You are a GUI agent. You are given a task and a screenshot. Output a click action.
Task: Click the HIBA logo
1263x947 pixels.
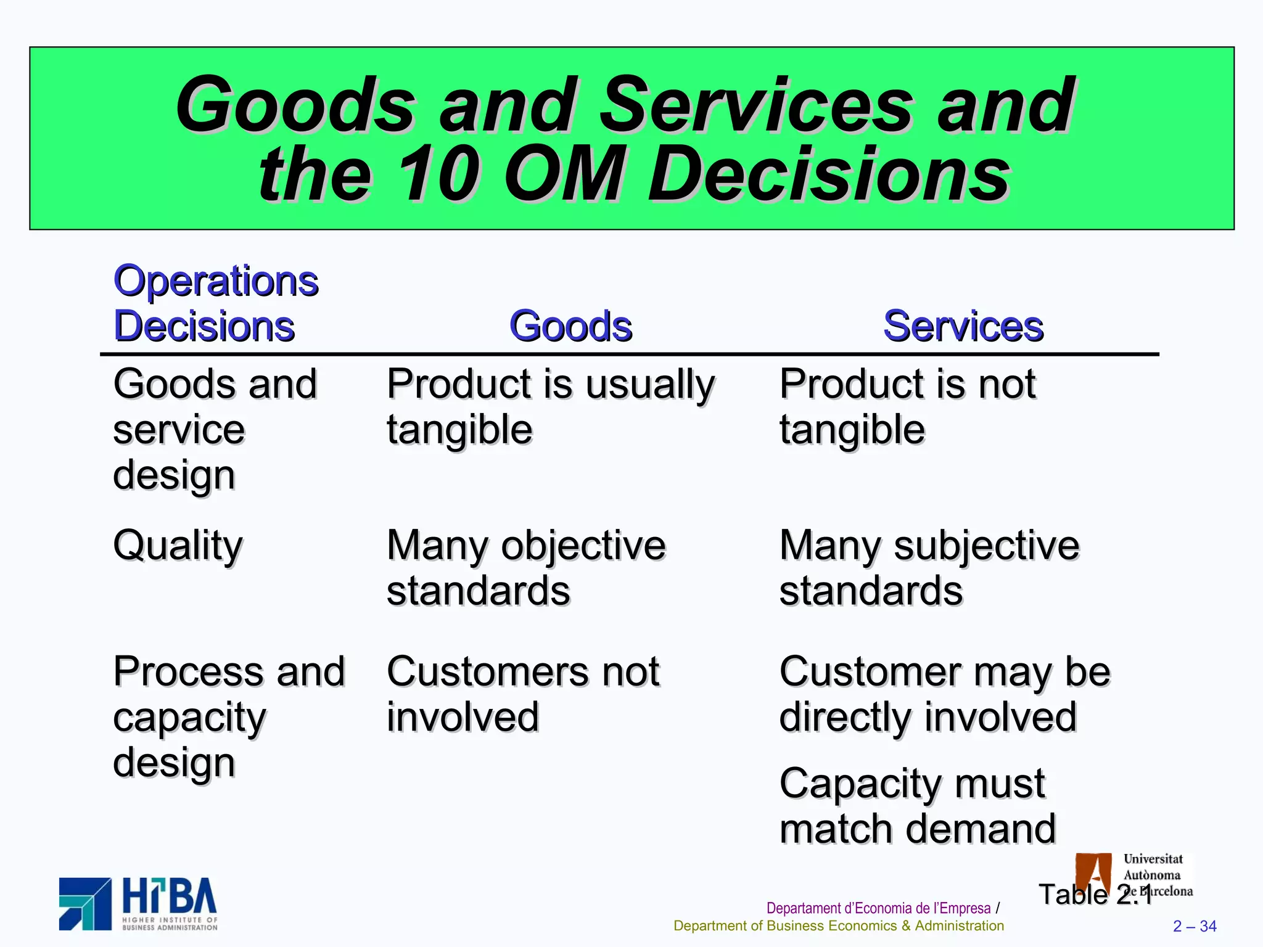[x=138, y=903]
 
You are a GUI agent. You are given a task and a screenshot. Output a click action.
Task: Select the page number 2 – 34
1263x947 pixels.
[x=1194, y=926]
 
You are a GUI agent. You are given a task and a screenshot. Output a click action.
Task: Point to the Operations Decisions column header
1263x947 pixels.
[x=215, y=303]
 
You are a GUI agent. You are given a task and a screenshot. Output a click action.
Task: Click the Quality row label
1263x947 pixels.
[x=178, y=546]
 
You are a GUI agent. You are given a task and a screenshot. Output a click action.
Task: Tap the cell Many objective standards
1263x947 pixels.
[x=525, y=568]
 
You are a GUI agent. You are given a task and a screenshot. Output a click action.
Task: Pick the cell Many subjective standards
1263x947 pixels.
[x=929, y=568]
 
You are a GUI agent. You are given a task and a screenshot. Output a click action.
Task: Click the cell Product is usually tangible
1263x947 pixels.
[x=550, y=406]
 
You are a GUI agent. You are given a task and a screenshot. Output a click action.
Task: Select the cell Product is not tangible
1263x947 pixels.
[x=907, y=406]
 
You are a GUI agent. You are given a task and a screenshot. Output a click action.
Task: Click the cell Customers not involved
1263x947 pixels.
[x=522, y=694]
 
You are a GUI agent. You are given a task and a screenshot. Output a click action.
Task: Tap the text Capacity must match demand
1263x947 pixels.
[x=917, y=806]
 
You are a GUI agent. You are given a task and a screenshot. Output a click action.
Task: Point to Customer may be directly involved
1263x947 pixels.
[x=944, y=694]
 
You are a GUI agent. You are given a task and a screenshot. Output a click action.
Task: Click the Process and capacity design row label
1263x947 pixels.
[x=228, y=716]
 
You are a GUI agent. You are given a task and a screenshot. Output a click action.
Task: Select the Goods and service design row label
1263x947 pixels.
[x=214, y=429]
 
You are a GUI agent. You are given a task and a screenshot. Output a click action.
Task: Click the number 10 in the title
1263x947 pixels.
[x=438, y=174]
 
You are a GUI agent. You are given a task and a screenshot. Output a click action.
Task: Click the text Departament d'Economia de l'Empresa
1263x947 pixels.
[x=878, y=908]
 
